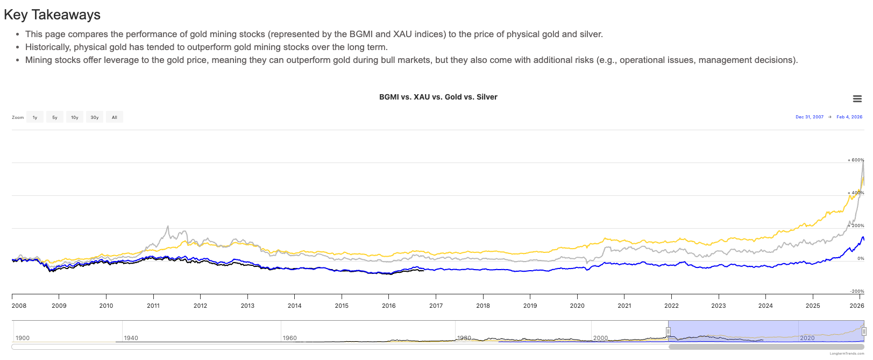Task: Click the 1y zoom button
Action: click(35, 117)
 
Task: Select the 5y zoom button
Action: click(55, 117)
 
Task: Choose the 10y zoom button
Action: click(75, 117)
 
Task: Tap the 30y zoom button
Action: click(95, 117)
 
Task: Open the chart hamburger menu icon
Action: click(857, 98)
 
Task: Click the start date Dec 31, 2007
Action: click(810, 117)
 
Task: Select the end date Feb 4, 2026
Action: click(849, 117)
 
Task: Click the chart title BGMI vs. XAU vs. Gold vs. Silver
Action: click(438, 97)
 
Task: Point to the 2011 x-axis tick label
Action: click(153, 306)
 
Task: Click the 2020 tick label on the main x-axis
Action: click(577, 306)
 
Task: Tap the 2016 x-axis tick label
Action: click(389, 306)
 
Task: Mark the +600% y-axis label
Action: click(856, 160)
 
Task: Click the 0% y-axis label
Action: click(861, 258)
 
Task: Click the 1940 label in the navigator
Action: click(131, 338)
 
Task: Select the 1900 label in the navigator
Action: click(23, 338)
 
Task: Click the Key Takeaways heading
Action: click(52, 15)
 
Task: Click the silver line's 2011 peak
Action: click(168, 227)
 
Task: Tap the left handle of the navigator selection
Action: click(669, 331)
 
